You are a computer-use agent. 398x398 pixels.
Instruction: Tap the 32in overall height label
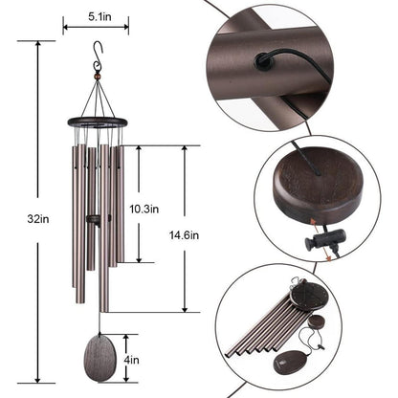point(38,218)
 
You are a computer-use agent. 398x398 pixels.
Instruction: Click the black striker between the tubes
point(94,220)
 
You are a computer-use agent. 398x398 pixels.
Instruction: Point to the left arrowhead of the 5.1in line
point(65,29)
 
